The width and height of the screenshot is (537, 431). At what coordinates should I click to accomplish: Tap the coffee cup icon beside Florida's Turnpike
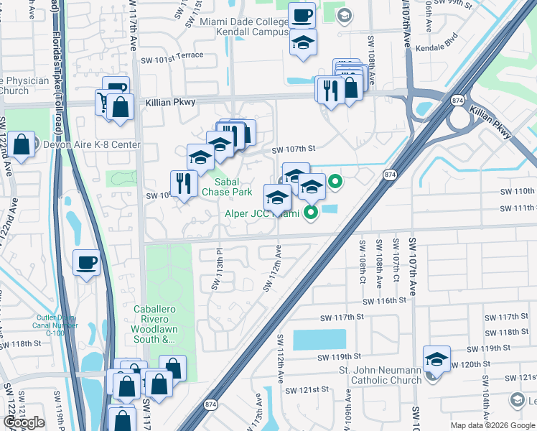[x=88, y=262]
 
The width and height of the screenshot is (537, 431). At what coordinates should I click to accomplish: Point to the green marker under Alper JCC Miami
[x=311, y=212]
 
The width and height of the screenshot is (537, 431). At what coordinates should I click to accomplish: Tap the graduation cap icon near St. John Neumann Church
[x=436, y=358]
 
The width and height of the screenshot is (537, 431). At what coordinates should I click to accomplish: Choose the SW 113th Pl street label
[x=216, y=270]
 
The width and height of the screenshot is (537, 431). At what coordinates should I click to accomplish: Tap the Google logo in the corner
[x=24, y=422]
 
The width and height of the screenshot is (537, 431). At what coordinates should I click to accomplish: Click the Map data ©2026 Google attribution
[x=492, y=426]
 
